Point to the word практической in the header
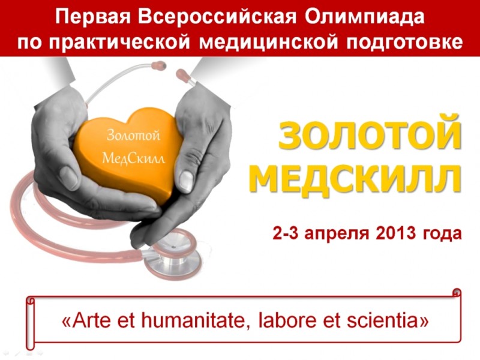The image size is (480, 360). pos(119,42)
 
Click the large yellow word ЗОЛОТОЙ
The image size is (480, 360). pos(370,134)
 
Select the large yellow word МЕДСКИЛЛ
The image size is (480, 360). pos(356,178)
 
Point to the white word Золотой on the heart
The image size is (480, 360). pos(133,135)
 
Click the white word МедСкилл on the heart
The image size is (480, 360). pos(133,158)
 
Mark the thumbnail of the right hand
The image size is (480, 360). pos(185,180)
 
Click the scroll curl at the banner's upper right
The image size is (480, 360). pos(456,292)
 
